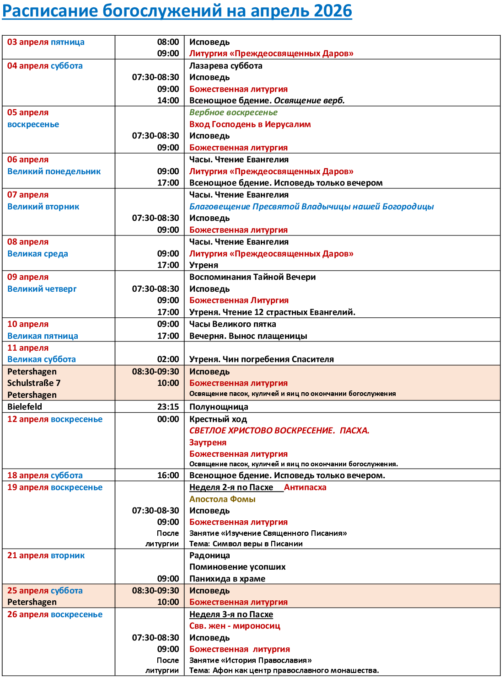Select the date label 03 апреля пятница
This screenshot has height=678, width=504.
point(46,42)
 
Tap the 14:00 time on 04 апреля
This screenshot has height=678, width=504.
point(168,101)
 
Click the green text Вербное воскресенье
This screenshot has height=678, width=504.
point(233,112)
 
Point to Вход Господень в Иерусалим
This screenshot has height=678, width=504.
point(250,124)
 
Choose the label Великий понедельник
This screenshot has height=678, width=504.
point(54,171)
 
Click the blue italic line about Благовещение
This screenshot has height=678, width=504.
point(311,207)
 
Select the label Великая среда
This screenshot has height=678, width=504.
point(38,254)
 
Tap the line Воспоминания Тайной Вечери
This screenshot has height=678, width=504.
point(252,277)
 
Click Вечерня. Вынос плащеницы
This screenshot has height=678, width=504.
point(248,336)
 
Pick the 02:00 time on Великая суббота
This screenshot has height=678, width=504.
point(168,359)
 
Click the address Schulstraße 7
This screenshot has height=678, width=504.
point(34,383)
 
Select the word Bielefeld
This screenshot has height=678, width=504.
point(25,407)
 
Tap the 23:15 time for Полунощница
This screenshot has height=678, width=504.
point(168,407)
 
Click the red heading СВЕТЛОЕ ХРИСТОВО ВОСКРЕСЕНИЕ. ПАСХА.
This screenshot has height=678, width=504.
point(279,431)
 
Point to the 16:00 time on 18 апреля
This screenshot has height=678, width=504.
point(168,475)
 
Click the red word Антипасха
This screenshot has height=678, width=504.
point(305,487)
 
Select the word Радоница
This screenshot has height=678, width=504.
point(209,555)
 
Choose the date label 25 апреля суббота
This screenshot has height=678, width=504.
point(45,591)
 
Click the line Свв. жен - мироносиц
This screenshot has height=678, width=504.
point(235,626)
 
